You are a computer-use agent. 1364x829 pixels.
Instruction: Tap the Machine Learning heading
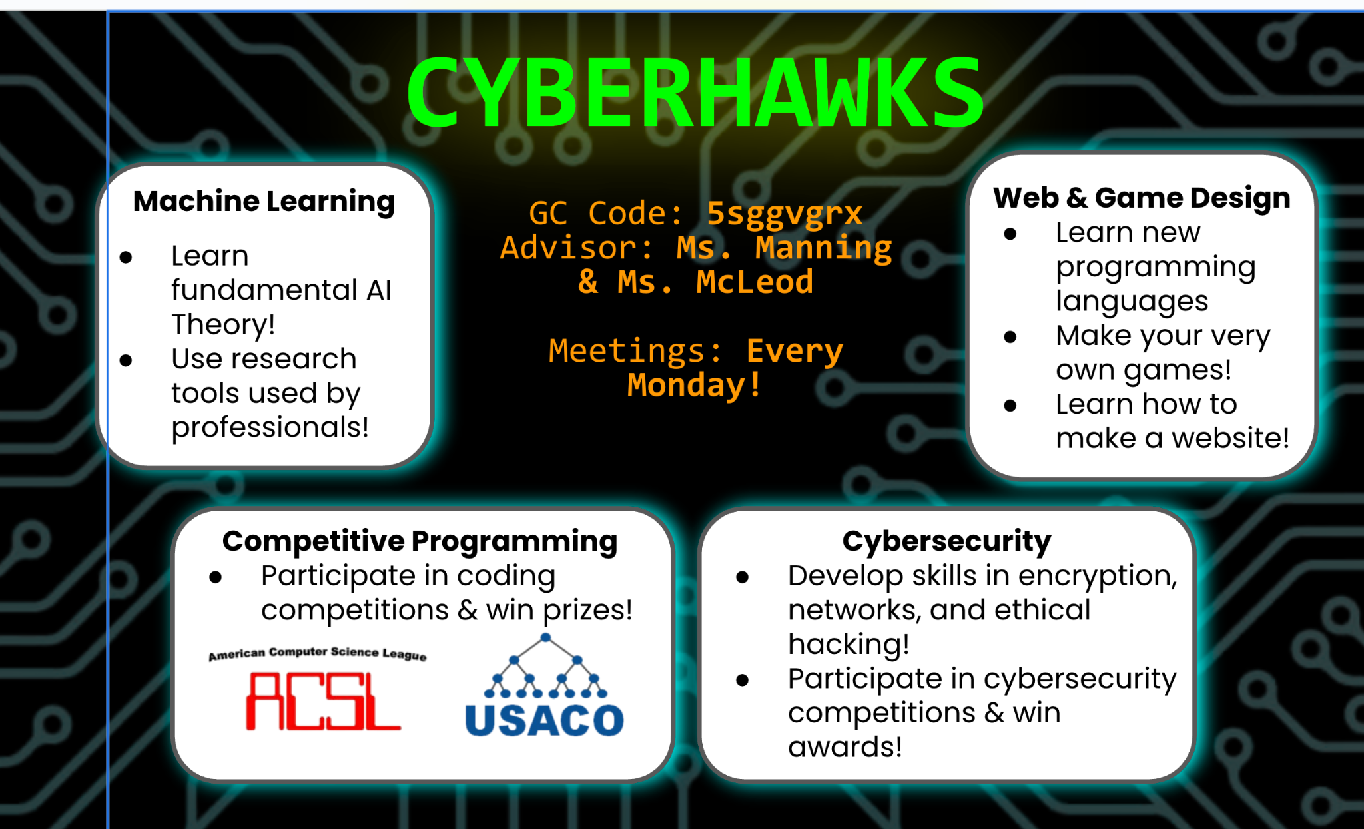264,202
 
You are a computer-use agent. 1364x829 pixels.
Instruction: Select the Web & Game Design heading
1142,198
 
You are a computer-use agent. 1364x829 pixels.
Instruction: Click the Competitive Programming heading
420,541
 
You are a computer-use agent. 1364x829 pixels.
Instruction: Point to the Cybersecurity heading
946,541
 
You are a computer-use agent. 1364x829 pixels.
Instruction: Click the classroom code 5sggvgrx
785,214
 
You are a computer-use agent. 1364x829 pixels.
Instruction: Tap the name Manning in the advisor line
823,248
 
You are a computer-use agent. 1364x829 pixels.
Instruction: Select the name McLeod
755,282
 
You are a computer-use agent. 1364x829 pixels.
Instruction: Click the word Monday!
695,385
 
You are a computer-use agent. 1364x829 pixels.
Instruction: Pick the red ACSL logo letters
323,701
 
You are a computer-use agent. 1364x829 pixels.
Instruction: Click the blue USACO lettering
544,720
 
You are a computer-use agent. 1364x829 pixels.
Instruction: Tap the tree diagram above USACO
545,665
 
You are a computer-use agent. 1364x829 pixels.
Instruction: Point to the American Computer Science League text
318,653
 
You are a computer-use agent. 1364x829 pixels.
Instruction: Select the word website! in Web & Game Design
1230,438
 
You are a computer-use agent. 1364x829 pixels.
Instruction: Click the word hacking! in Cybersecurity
849,645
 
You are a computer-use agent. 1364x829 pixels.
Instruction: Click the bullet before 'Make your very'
1010,337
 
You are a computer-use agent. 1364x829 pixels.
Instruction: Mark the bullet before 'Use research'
126,360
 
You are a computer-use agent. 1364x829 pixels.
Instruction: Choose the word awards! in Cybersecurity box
845,747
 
